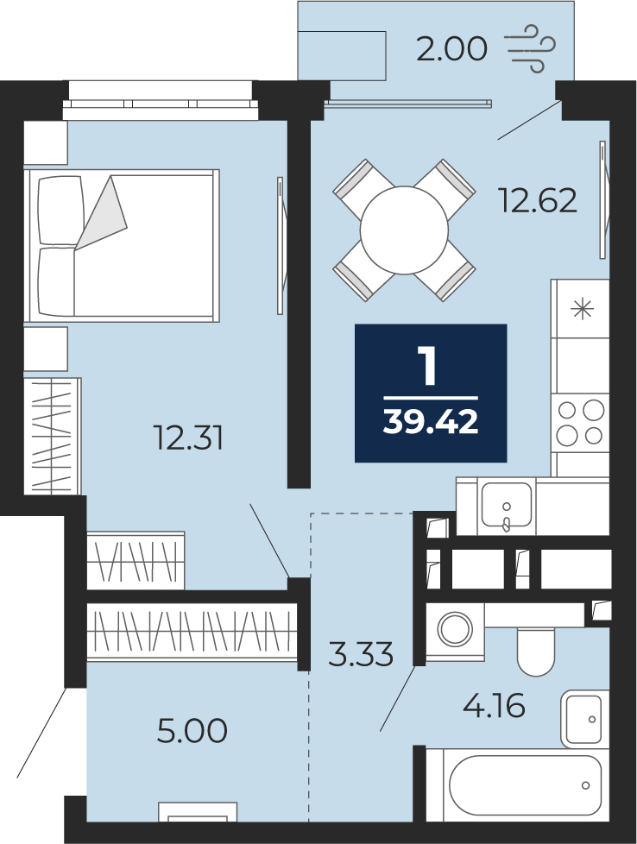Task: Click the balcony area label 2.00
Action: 451,48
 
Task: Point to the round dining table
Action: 404,230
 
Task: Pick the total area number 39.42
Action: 430,421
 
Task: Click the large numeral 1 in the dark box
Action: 429,366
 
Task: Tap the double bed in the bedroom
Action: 121,246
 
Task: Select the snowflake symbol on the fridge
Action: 582,309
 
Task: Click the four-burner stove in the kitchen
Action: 580,423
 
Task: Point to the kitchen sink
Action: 506,505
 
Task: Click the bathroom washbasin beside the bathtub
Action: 584,718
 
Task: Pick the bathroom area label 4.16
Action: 494,706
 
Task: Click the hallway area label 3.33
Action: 361,654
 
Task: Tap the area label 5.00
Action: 192,731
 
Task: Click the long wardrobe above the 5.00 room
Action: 192,631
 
